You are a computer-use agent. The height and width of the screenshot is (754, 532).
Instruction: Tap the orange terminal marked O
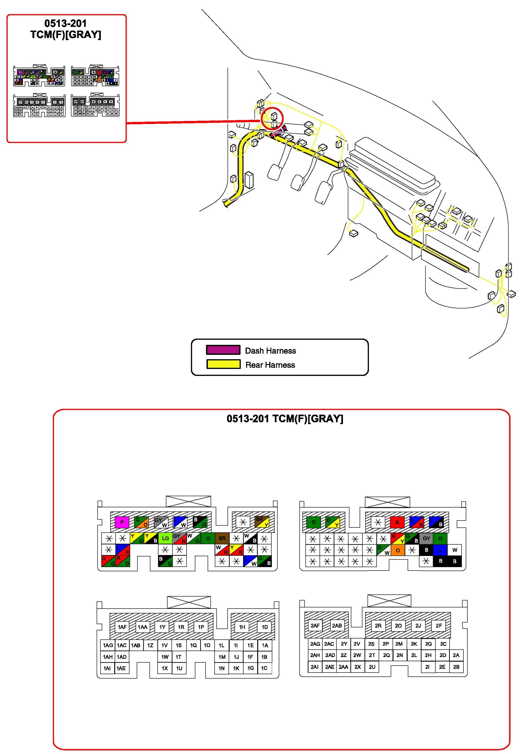398,550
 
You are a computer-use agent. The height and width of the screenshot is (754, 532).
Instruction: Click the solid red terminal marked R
397,522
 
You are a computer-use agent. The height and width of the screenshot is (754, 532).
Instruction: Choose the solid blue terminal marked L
440,550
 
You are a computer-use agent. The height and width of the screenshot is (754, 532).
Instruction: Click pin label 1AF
122,627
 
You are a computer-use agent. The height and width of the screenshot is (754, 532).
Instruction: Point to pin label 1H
242,627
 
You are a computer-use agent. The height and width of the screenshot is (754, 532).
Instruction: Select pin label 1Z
150,645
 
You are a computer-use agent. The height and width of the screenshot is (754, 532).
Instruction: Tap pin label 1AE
121,668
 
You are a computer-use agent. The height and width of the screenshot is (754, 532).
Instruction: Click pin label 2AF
315,626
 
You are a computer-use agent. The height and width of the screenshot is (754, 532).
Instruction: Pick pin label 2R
378,626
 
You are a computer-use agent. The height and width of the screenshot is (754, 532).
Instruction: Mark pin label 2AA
343,667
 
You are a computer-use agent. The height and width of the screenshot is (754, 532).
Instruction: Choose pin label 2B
456,667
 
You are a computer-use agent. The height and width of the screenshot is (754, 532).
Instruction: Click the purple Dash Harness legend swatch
223,350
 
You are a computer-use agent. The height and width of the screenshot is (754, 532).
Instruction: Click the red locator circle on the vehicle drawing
272,119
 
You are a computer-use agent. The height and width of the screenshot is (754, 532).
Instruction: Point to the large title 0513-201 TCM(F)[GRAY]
285,419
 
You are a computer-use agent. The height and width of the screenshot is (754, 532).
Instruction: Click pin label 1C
264,668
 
